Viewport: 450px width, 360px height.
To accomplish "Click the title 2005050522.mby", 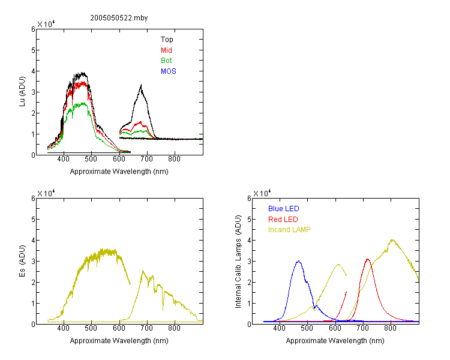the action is coord(119,18).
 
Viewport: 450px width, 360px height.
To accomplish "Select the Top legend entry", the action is coord(167,40).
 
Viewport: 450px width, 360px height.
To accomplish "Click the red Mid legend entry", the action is coord(166,50).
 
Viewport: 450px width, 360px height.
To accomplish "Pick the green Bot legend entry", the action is coord(166,61).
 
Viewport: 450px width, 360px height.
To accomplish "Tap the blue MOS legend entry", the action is coord(168,71).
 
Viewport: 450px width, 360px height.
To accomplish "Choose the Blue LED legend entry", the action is coord(284,209).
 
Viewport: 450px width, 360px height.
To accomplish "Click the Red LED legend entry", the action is coord(283,220).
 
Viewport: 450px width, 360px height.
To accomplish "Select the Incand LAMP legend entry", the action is coord(289,230).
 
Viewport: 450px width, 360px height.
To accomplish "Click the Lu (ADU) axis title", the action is coord(22,92).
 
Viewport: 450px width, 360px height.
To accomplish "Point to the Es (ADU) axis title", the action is coord(22,261).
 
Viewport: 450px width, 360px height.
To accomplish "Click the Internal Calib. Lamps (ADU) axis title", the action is coord(238,262).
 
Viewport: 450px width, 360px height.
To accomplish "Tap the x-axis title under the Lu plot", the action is coord(119,172).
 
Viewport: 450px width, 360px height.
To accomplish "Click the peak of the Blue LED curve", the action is coord(298,261).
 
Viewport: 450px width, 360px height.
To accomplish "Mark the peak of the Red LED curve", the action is coord(368,259).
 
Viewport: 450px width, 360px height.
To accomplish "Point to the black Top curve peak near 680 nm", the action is coord(141,85).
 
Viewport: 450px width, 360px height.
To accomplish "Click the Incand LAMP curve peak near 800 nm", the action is coord(392,239).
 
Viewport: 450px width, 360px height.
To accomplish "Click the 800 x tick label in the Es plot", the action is coord(174,328).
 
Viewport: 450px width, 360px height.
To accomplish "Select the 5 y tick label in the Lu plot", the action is coord(33,50).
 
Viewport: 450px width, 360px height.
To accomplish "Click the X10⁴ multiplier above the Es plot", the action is coord(46,193).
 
